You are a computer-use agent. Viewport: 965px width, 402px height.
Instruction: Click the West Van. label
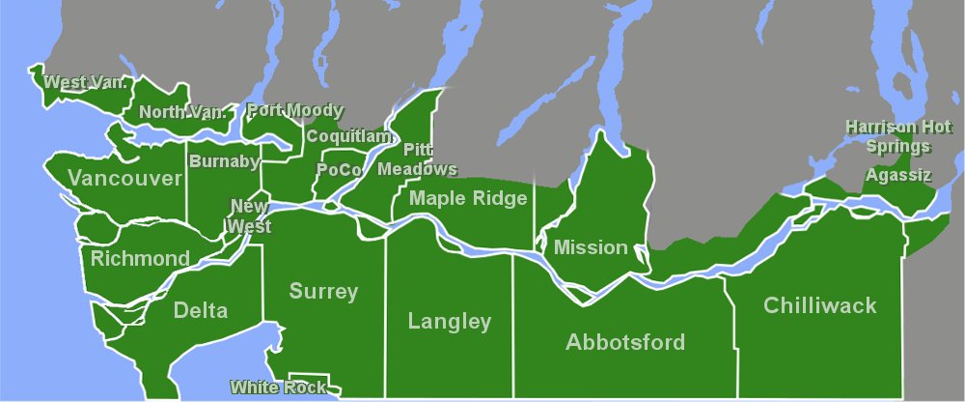tap(86, 82)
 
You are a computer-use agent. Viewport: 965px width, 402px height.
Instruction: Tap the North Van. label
tap(182, 112)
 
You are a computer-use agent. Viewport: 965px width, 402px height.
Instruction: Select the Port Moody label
tap(294, 110)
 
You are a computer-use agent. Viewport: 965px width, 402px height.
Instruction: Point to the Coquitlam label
tap(350, 136)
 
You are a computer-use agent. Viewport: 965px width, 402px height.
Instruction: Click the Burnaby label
tap(224, 160)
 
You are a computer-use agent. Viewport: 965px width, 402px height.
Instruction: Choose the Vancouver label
tap(125, 179)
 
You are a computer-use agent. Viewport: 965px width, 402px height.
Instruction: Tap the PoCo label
tap(340, 169)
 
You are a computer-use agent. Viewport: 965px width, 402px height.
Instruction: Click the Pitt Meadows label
tap(417, 159)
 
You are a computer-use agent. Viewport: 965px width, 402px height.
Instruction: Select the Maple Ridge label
tap(468, 198)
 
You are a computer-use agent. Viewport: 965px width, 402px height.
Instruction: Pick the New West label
tap(249, 216)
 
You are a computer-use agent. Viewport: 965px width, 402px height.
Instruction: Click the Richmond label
tap(140, 259)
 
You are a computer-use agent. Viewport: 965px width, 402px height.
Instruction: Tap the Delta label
tap(201, 310)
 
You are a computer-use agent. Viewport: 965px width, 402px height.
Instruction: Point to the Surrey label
tap(323, 292)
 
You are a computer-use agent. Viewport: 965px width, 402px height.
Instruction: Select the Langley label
tap(450, 322)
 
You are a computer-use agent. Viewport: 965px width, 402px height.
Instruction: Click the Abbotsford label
tap(625, 342)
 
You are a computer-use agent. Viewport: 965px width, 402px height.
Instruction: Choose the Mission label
tap(591, 247)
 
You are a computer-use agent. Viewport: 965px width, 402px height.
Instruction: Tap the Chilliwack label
tap(819, 306)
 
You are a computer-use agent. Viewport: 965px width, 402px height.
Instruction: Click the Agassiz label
tap(898, 175)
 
